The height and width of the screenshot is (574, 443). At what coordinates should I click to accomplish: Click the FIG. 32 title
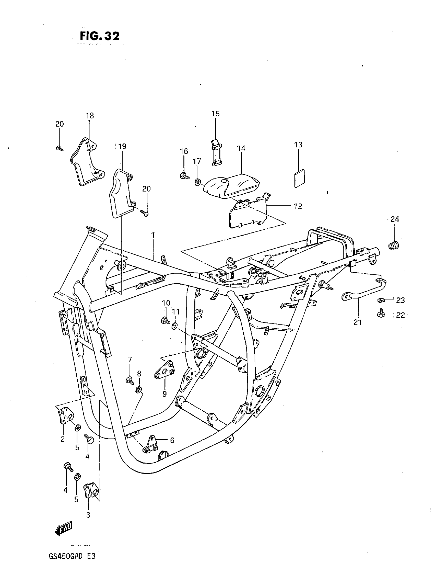100,36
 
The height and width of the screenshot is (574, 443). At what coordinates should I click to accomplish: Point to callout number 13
298,145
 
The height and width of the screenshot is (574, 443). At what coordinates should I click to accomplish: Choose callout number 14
241,148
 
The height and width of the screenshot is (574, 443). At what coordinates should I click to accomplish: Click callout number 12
298,206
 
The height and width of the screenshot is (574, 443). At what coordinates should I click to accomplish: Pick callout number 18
90,116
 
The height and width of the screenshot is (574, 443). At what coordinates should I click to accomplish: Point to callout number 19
122,146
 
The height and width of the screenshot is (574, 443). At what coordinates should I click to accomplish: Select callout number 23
400,300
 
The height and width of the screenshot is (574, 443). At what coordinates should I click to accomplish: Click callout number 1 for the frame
153,235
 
